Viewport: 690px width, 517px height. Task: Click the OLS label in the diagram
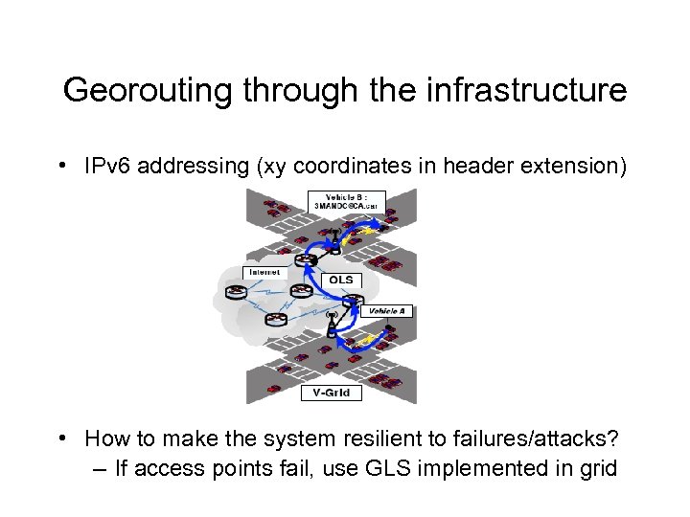coord(341,281)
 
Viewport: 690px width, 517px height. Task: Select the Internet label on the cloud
coord(264,273)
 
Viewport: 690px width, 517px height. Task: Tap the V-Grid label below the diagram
coord(332,393)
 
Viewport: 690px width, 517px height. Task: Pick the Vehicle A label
coord(387,311)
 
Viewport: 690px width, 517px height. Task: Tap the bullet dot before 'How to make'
coord(61,438)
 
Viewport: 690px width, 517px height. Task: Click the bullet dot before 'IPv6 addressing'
coord(61,166)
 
